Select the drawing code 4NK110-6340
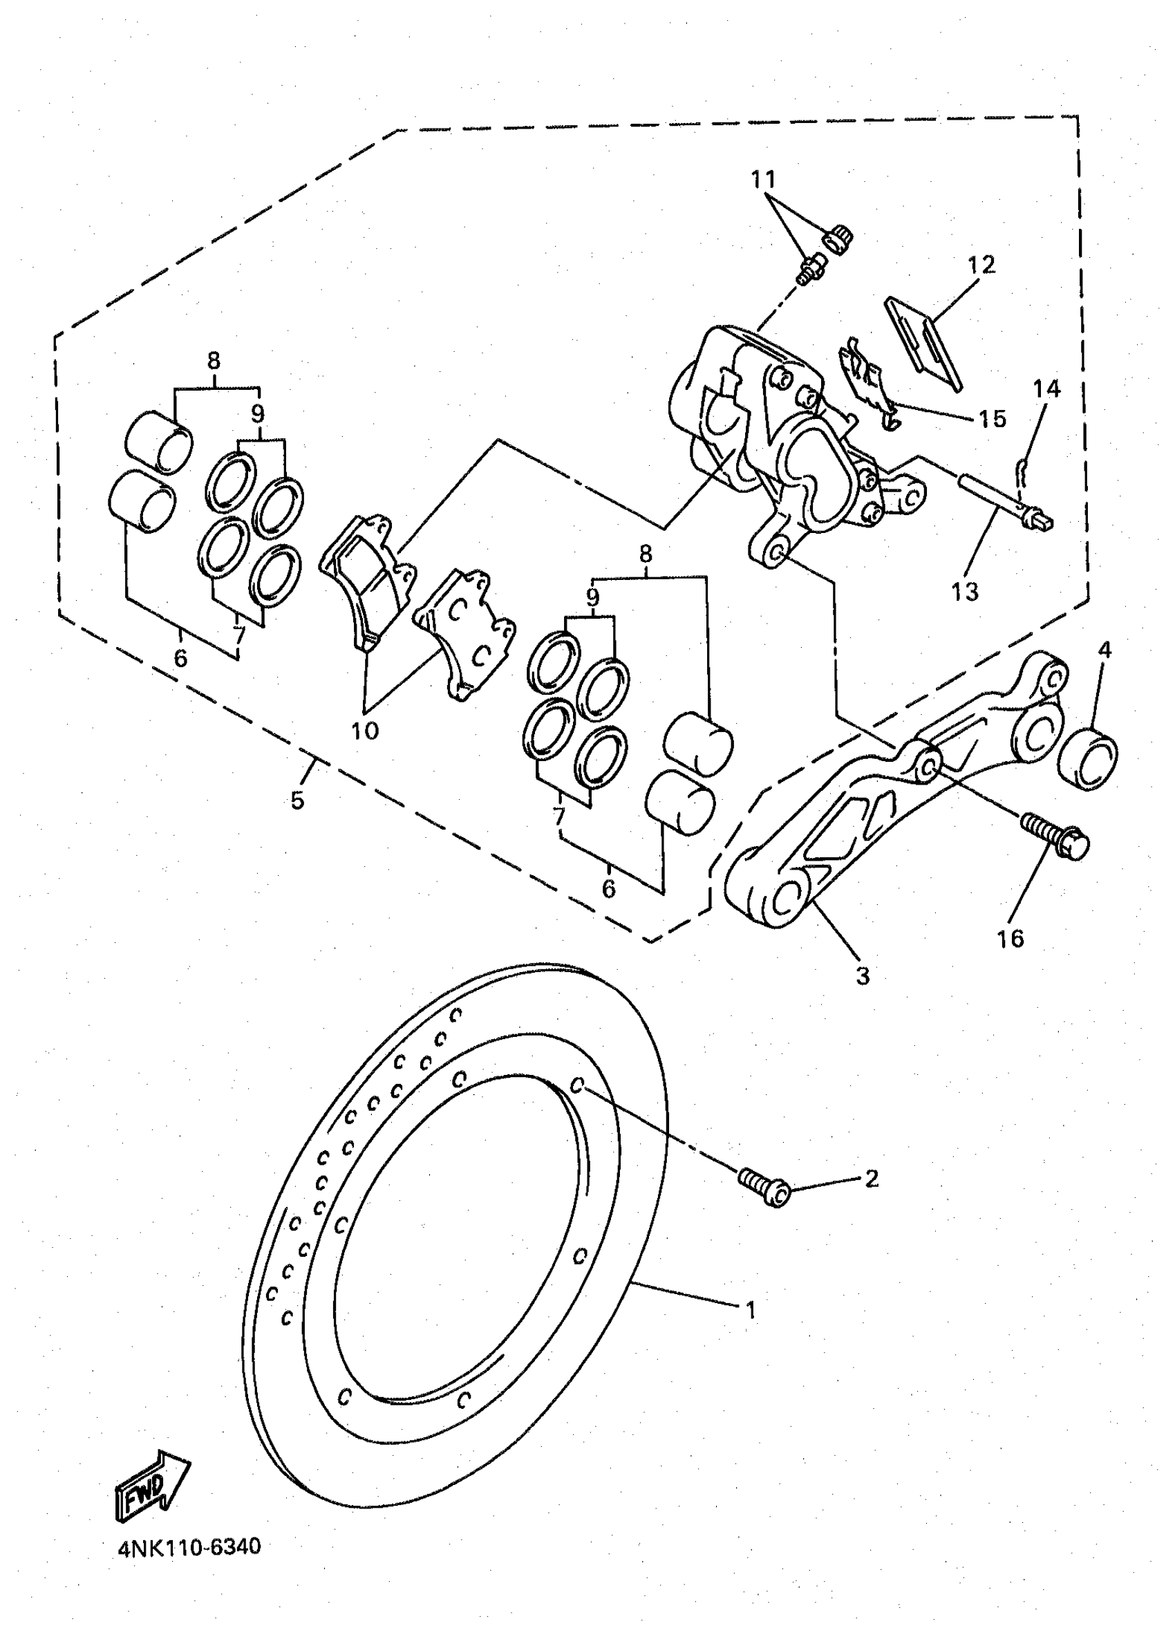(x=189, y=1546)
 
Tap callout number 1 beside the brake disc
(x=750, y=1309)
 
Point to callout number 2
(x=871, y=1179)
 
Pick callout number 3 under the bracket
(x=862, y=976)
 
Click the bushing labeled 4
(x=1088, y=759)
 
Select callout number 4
(x=1104, y=650)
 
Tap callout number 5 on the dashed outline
(x=297, y=800)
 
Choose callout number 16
(x=1010, y=938)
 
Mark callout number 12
(x=981, y=265)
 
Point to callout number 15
(x=992, y=419)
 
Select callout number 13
(x=965, y=592)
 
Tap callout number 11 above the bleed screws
(x=763, y=179)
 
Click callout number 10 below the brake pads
(x=364, y=731)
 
